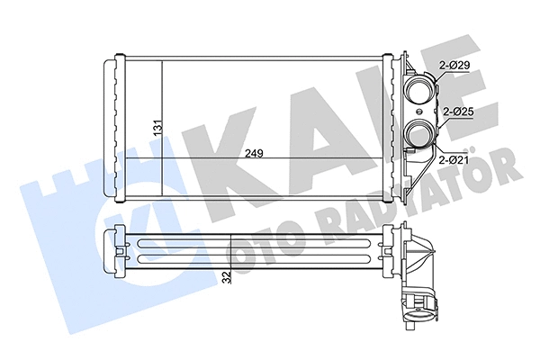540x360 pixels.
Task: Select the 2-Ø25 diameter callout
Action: (459, 113)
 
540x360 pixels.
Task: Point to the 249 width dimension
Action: (254, 152)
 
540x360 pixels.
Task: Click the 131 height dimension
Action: (156, 130)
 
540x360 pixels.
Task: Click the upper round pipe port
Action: (418, 90)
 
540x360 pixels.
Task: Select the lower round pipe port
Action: (418, 136)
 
